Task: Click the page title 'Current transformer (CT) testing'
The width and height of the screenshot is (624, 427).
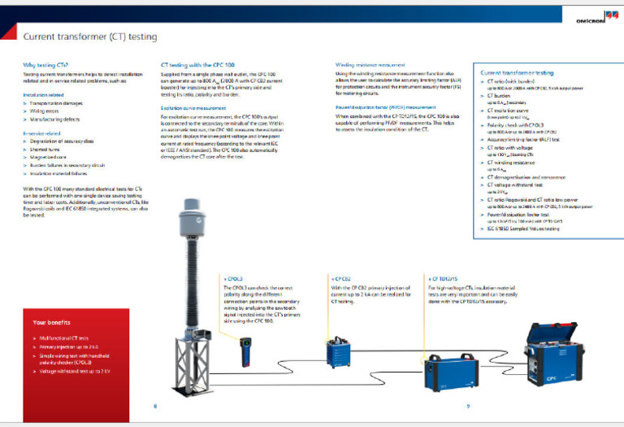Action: [x=90, y=37]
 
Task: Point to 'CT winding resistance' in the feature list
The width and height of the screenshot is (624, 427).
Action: [x=516, y=162]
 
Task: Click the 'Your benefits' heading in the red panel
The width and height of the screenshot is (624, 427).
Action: [x=50, y=322]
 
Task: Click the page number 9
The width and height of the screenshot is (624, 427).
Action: [x=467, y=404]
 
